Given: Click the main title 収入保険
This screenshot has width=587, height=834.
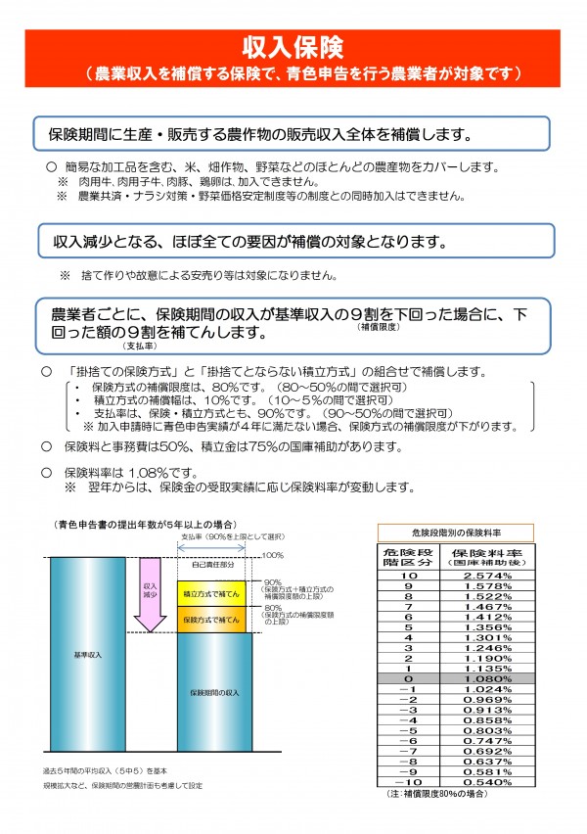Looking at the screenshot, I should coord(293,48).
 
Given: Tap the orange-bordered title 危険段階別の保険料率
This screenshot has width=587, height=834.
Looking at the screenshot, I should coord(455,532).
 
